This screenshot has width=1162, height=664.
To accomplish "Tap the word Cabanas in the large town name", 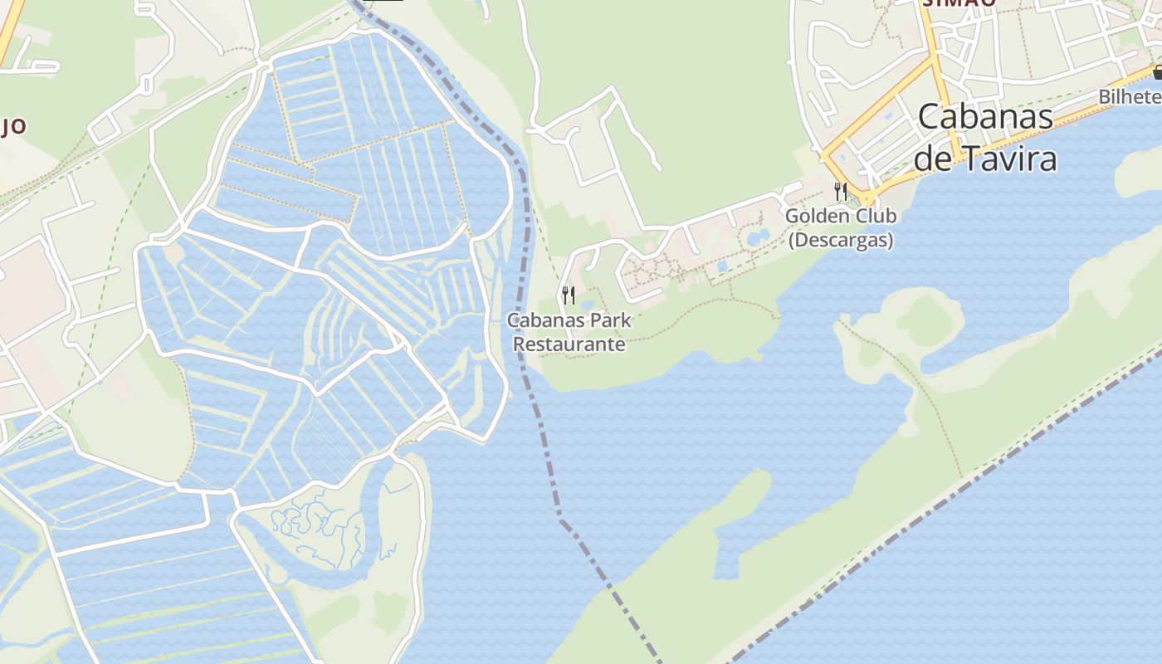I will [985, 117].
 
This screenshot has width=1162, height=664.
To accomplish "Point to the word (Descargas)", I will [840, 241].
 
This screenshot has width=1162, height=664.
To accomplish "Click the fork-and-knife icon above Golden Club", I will [840, 192].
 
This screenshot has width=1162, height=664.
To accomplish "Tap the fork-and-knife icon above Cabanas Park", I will [569, 295].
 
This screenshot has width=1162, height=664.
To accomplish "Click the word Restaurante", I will [569, 344].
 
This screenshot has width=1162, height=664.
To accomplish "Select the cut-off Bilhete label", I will [1130, 97].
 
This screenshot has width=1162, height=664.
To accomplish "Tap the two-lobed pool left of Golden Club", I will [758, 238].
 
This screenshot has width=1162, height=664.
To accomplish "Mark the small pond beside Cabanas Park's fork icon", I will [586, 304].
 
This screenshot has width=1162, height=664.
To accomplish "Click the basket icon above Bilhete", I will [1157, 73].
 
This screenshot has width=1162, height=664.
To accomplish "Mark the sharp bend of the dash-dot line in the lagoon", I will [559, 516].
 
